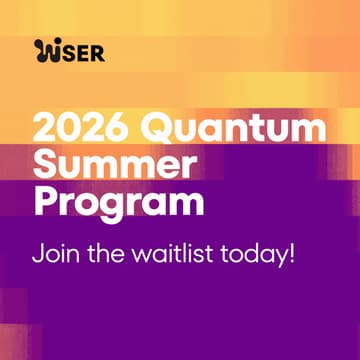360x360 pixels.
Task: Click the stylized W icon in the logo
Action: pos(46,51)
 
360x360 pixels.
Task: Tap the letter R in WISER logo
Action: pos(97,51)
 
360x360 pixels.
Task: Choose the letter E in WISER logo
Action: pos(83,51)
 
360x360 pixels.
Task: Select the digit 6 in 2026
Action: pos(123,129)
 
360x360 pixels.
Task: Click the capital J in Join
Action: pos(37,250)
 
